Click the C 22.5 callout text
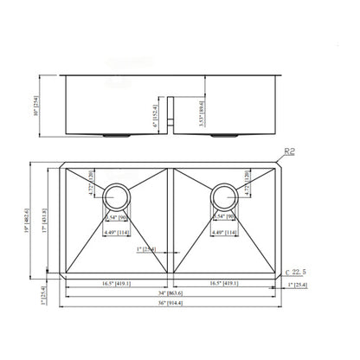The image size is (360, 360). [x=299, y=273]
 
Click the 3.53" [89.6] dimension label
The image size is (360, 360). [x=202, y=112]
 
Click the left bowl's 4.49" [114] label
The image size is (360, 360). [x=119, y=231]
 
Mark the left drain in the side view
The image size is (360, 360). [x=119, y=138]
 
